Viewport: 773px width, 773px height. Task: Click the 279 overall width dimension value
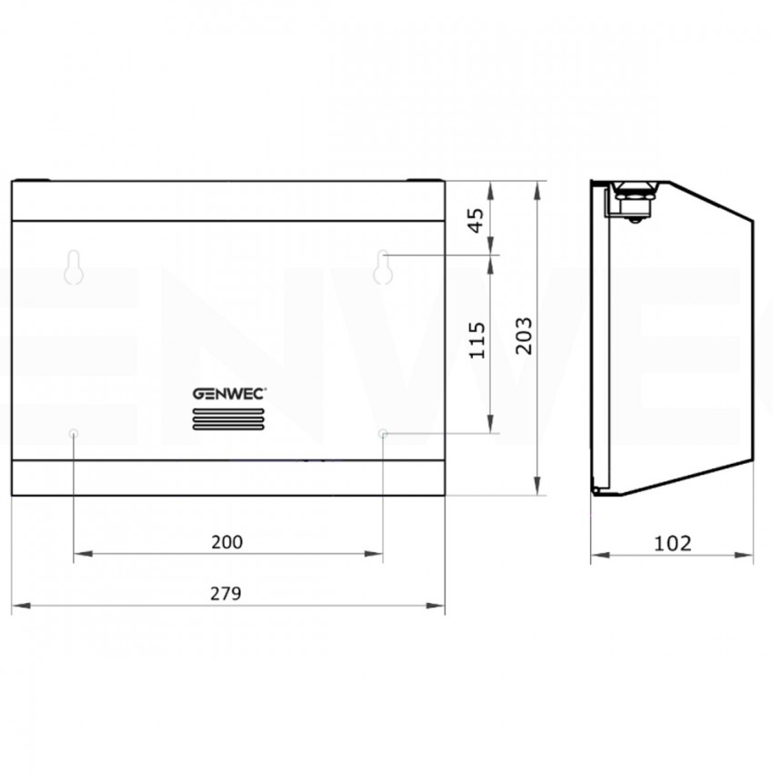[x=226, y=594]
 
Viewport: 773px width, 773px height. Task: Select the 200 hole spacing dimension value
[x=226, y=542]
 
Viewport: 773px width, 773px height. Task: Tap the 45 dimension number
[x=477, y=220]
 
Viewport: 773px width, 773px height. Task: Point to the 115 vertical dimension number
[x=477, y=340]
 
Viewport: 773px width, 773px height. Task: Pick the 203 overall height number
[x=524, y=336]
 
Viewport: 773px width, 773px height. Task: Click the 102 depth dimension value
[x=672, y=543]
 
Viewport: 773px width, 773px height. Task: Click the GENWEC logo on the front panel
[x=229, y=394]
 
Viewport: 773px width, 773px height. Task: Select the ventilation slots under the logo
[x=228, y=419]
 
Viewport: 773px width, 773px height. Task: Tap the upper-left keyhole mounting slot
[x=74, y=267]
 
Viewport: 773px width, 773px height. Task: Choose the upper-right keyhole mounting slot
[x=383, y=267]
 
